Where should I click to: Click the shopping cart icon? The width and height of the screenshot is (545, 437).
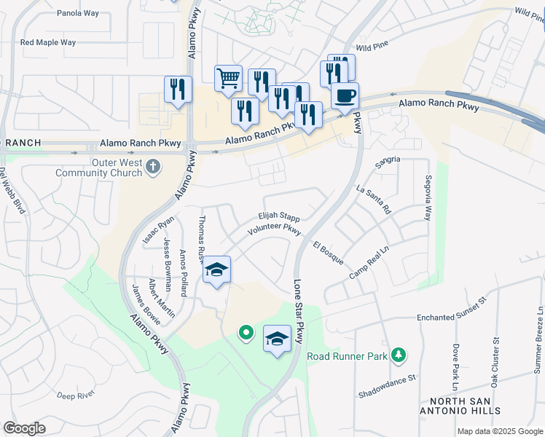pos(229,78)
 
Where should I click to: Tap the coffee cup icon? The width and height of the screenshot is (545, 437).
pos(345,95)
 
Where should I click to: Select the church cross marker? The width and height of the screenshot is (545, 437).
pos(153,168)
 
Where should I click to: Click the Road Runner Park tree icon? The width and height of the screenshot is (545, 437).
pos(398,355)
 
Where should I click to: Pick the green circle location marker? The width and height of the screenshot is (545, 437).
pos(246,334)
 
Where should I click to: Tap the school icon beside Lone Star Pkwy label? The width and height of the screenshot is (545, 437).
pos(277,339)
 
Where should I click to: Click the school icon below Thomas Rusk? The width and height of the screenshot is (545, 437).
pos(216,270)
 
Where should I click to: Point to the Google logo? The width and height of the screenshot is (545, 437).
pos(24,428)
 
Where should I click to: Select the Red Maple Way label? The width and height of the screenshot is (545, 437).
pos(48,42)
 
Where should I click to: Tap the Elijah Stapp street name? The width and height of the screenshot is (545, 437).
pos(278,217)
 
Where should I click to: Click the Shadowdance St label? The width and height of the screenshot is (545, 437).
pos(386,386)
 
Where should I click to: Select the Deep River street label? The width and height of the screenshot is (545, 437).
pos(76,395)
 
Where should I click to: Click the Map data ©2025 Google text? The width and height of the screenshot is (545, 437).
pos(499,431)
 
